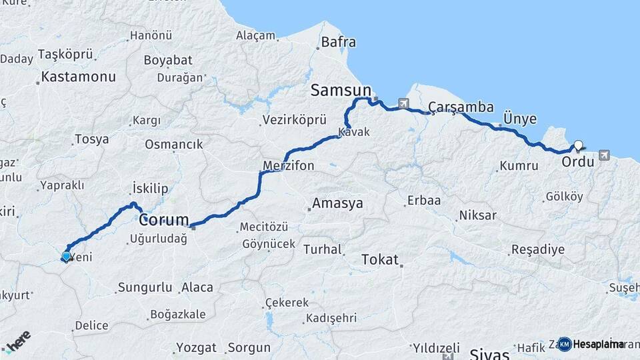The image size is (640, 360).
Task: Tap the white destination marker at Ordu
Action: point(578,145)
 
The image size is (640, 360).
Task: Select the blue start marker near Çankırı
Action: point(66,256)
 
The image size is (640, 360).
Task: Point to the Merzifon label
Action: point(288,166)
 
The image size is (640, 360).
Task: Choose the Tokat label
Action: point(379,259)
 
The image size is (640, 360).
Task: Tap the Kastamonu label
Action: point(78,77)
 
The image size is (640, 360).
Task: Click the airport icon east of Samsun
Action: point(403,103)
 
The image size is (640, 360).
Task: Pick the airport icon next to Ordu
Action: point(604,155)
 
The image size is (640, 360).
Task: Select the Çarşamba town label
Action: point(461,107)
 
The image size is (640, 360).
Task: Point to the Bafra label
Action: point(339,43)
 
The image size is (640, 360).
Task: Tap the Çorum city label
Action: point(164,219)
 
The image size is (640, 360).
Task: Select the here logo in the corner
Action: point(17,341)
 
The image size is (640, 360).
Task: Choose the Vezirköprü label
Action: point(295,120)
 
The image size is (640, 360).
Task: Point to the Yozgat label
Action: point(197,347)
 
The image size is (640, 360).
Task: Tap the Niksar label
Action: point(477,215)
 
